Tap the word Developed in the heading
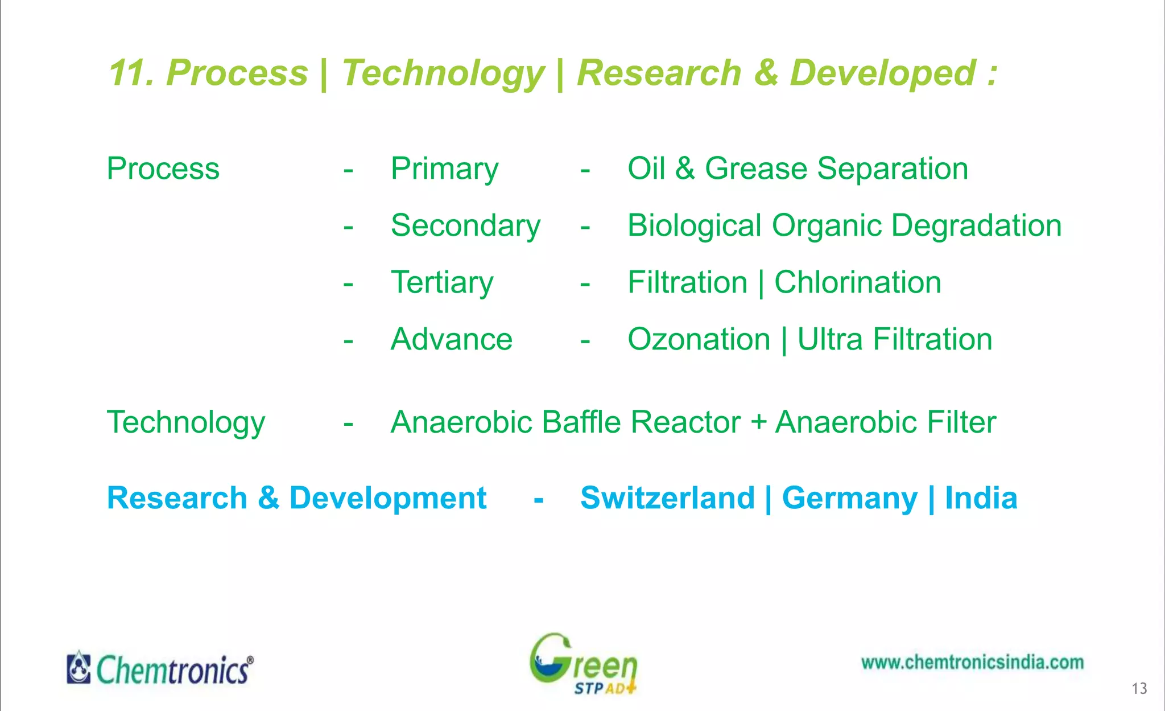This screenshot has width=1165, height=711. tap(882, 73)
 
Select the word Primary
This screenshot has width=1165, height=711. tap(444, 170)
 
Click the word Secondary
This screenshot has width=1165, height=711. tap(465, 227)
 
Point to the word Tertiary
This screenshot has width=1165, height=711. tap(442, 283)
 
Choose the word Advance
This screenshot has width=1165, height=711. tap(452, 340)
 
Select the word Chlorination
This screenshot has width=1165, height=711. tap(857, 283)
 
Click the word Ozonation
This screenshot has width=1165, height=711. tap(699, 340)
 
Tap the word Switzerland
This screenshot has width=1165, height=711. tap(667, 498)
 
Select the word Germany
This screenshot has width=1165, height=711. tap(849, 499)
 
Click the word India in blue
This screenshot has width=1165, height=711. tap(981, 498)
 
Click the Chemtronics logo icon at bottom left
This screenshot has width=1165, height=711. tap(79, 668)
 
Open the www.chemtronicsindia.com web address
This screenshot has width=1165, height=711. tap(972, 663)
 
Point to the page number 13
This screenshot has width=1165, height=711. tap(1139, 689)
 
